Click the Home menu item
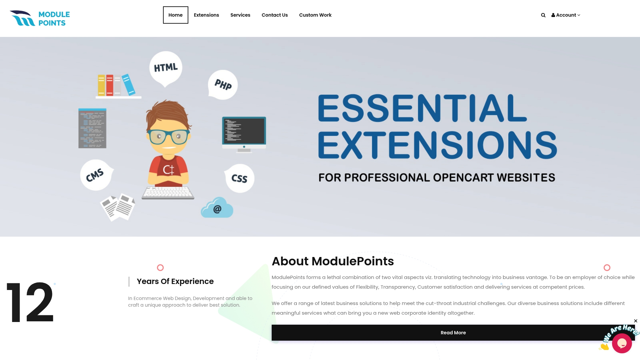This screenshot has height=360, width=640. coord(175,15)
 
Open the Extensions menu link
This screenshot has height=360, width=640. coord(206,15)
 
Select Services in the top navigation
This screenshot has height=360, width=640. coord(240,15)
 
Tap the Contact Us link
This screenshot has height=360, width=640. coord(274,15)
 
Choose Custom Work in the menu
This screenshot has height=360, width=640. coord(315,15)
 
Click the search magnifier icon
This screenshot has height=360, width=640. coord(543,15)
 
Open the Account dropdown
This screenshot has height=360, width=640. coord(566,15)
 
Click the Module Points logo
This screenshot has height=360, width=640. coord(40,18)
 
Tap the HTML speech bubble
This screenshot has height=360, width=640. coord(166,67)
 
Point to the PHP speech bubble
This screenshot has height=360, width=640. coord(223,85)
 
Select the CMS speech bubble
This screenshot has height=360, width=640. coord(96,175)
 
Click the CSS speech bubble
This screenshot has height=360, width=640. coord(239,178)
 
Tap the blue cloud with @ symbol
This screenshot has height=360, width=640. coord(217,208)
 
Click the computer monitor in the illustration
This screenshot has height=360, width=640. coord(244,132)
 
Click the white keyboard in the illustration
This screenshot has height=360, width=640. coord(168,193)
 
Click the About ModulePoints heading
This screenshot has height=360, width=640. coord(333,261)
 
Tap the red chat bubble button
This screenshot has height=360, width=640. coord(622,343)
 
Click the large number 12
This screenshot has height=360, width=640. coord(30,302)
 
